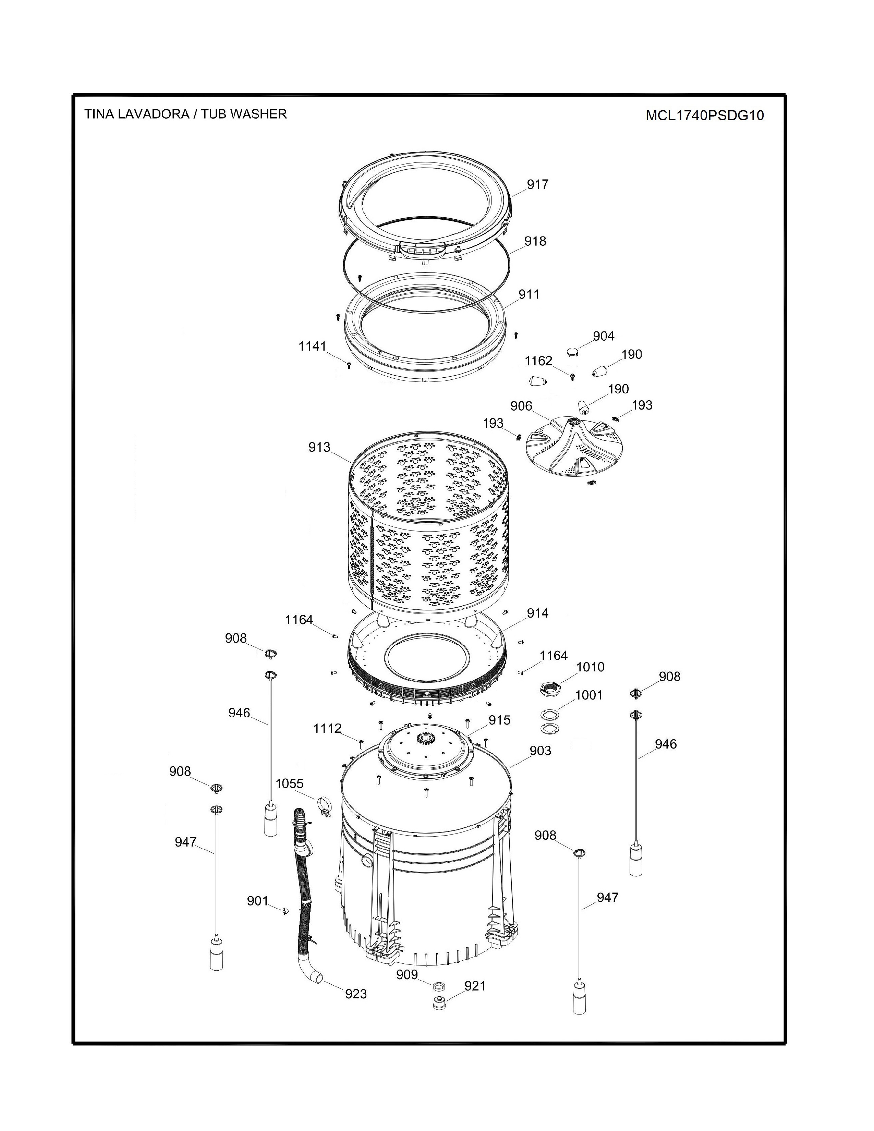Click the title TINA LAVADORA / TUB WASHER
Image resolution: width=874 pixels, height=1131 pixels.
[185, 114]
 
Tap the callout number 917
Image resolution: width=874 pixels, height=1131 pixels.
[537, 184]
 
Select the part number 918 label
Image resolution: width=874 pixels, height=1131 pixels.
[535, 241]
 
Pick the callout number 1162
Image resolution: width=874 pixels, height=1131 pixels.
[538, 361]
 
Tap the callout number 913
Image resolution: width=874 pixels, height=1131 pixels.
[319, 447]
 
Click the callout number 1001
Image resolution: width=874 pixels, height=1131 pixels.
[589, 695]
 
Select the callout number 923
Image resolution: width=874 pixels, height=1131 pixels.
[356, 994]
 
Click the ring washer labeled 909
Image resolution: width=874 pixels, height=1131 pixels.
[439, 984]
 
